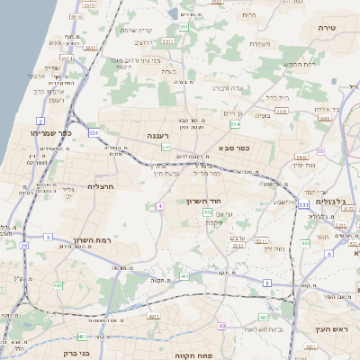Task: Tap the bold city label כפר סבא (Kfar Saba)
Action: (233, 146)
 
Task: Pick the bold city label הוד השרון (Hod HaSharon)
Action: (204, 202)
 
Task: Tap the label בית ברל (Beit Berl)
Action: (276, 96)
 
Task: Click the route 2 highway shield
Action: (40, 120)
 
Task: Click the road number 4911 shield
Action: (153, 317)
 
